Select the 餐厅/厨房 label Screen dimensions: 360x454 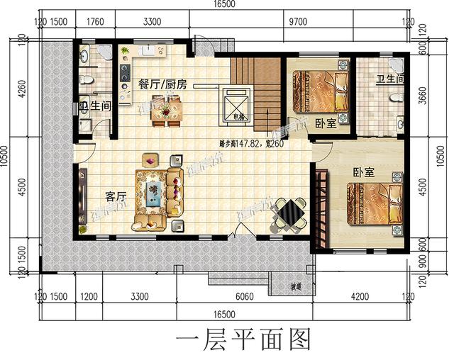[163, 84]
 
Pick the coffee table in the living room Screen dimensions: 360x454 [153, 191]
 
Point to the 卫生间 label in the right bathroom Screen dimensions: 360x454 [390, 80]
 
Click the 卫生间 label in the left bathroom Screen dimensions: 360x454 [94, 108]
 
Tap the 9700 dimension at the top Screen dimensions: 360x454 [299, 23]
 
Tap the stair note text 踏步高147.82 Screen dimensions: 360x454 [241, 144]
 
